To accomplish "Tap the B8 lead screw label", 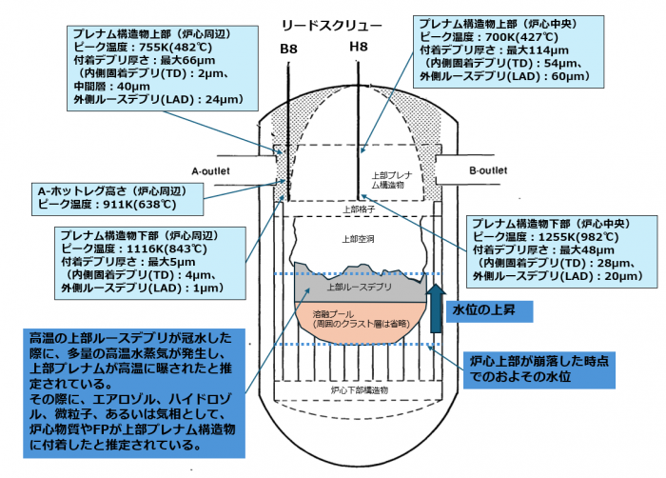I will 288,48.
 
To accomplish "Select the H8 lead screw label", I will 358,48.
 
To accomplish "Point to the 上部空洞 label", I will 354,238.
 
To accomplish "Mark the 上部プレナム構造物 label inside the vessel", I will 390,180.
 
